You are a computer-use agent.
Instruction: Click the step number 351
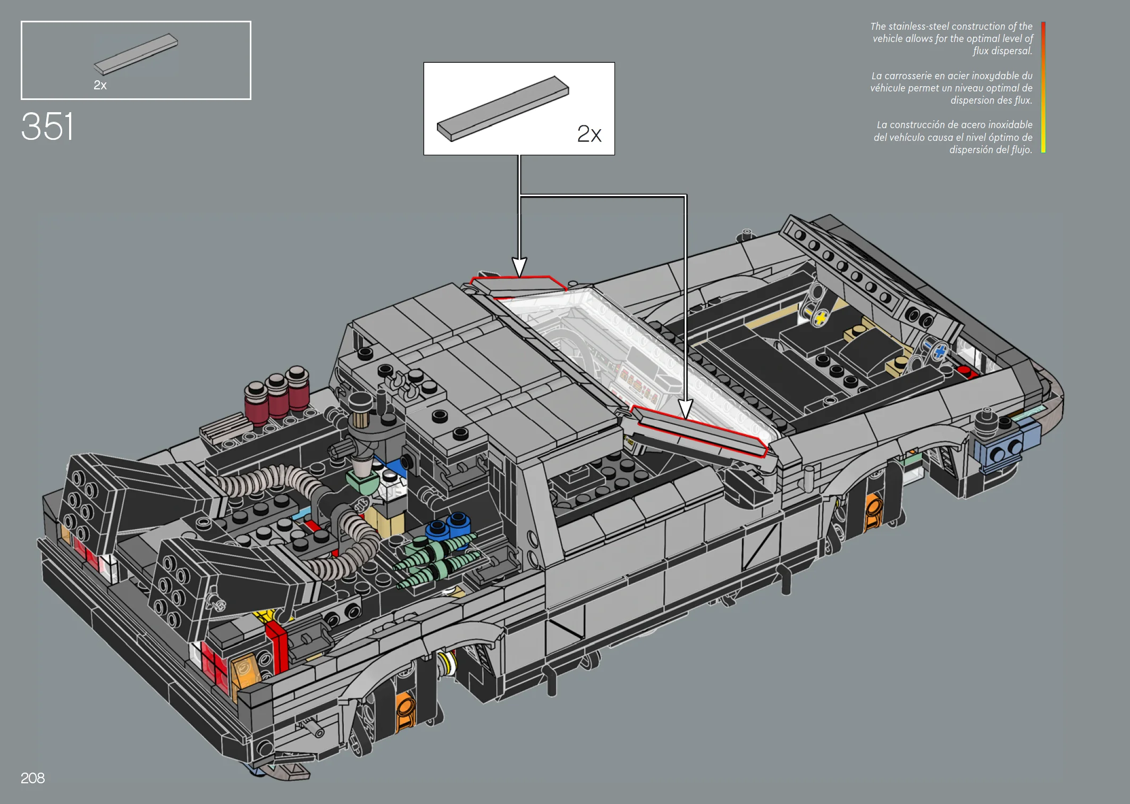(47, 127)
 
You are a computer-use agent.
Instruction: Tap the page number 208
(32, 778)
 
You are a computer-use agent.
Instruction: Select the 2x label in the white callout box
(589, 134)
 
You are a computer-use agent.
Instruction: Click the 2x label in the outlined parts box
(100, 85)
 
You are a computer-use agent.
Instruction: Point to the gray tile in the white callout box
(503, 108)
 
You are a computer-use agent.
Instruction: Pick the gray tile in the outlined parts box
(136, 54)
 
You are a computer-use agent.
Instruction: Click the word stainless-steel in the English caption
(919, 26)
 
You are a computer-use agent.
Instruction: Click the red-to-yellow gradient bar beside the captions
(1043, 87)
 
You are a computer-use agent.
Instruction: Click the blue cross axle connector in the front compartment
(940, 351)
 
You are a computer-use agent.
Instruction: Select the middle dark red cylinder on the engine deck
(277, 396)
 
